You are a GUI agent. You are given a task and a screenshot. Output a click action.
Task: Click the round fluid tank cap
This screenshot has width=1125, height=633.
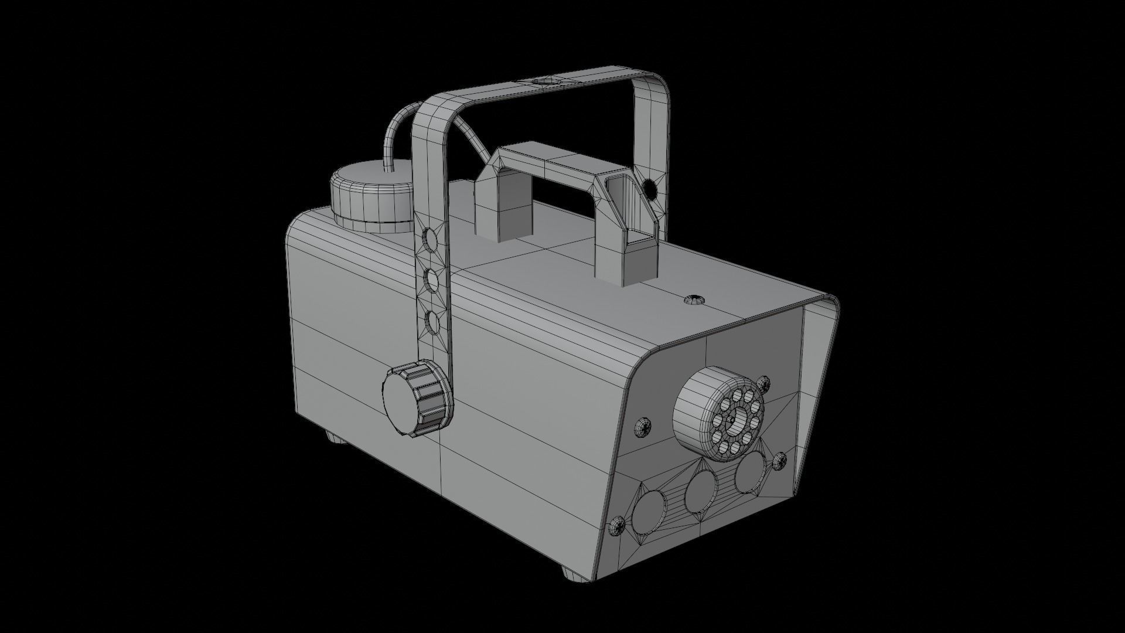371,199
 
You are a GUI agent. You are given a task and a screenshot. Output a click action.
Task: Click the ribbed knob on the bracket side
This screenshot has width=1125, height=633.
417,400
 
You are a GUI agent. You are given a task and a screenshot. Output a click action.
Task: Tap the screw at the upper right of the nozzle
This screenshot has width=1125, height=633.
763,384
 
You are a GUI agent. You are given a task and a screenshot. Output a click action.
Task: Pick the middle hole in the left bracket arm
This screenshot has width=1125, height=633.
431,280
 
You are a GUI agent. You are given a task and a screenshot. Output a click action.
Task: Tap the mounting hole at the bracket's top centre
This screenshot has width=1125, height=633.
546,81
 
